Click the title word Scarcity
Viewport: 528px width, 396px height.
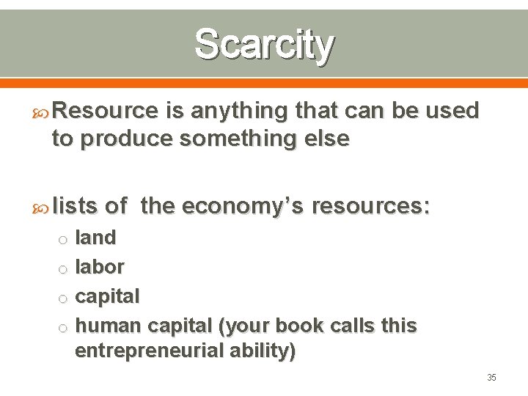point(264,44)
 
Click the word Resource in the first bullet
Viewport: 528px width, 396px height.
point(106,111)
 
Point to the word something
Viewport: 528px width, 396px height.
point(229,139)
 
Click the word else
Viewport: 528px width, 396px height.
point(324,139)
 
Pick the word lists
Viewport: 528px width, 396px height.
point(75,207)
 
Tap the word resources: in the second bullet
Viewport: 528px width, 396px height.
point(371,207)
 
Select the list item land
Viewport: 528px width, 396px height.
point(96,238)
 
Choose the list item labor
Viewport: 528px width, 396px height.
point(100,267)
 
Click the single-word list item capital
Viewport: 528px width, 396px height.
point(107,297)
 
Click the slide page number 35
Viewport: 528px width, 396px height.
point(491,378)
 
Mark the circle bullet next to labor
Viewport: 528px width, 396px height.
point(63,269)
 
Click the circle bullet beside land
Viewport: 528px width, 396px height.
point(63,240)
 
